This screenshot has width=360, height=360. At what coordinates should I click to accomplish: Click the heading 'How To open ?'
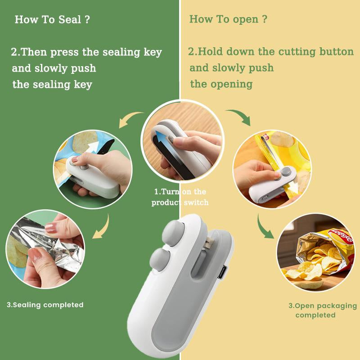coord(228,19)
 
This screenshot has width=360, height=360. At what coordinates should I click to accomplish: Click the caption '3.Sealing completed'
coord(45,305)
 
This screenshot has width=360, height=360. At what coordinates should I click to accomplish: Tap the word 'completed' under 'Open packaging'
coord(315,315)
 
